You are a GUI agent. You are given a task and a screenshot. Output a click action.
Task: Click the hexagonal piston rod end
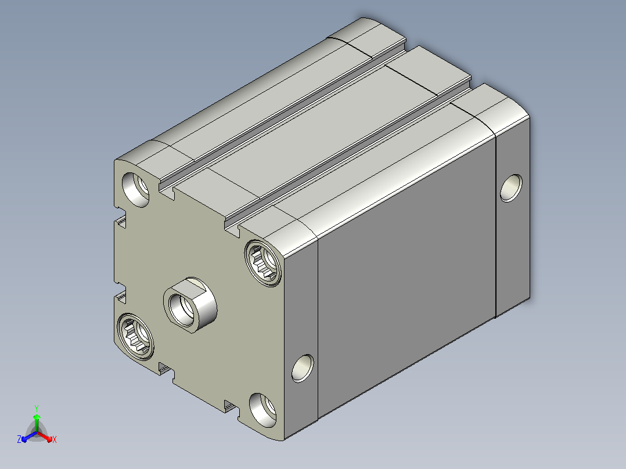[190, 305]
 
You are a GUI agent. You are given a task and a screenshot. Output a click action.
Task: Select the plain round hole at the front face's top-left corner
[135, 190]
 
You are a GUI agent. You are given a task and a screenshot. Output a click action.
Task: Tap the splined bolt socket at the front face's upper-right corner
[262, 262]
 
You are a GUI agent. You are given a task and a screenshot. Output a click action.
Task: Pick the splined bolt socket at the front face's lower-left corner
[135, 336]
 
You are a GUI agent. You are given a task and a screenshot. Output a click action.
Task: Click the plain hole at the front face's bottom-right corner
[262, 410]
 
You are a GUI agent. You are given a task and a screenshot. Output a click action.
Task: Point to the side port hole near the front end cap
[303, 368]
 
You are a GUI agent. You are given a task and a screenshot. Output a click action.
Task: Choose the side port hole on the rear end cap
[511, 188]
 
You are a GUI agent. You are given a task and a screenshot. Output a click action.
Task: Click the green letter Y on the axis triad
[37, 408]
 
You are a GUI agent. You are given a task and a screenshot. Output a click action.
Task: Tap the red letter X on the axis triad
[55, 439]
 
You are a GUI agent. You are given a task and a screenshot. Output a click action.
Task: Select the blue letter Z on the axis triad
[19, 439]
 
